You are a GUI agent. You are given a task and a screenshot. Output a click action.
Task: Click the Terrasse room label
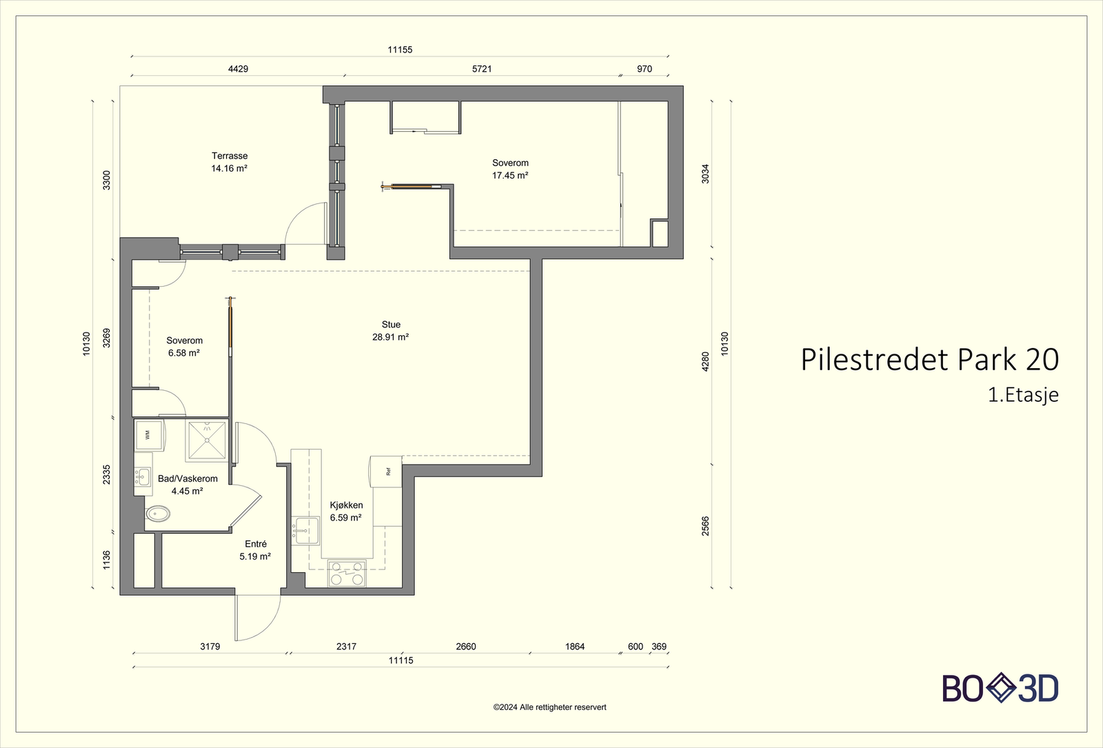coord(230,156)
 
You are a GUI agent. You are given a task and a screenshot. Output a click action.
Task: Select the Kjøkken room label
coord(346,505)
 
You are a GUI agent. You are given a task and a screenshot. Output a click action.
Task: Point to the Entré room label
coord(256,544)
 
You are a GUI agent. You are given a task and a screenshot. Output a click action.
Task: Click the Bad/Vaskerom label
coord(188,478)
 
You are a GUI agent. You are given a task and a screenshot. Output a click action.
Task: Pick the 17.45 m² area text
coord(510,176)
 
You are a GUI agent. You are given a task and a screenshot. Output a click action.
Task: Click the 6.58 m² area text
coord(184,353)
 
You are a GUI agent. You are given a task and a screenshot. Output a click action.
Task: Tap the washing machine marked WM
coord(148,435)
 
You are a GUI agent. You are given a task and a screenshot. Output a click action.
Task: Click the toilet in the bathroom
coord(158,514)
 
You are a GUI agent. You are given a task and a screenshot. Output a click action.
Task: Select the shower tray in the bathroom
coord(207,441)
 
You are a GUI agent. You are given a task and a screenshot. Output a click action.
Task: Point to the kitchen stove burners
coord(347,574)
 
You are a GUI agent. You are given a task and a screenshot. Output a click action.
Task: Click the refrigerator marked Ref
coord(387,472)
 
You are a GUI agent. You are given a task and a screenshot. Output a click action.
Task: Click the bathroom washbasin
coord(143,476)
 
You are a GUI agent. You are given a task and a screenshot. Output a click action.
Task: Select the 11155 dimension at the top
coord(400,50)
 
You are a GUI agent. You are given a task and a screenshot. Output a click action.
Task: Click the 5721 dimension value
coord(482,69)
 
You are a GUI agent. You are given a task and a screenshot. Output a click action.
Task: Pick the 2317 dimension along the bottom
coord(346,647)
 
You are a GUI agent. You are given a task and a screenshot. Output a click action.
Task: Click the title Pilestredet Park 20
coord(929,360)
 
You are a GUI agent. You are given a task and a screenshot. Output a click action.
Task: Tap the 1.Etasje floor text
coord(1023,395)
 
